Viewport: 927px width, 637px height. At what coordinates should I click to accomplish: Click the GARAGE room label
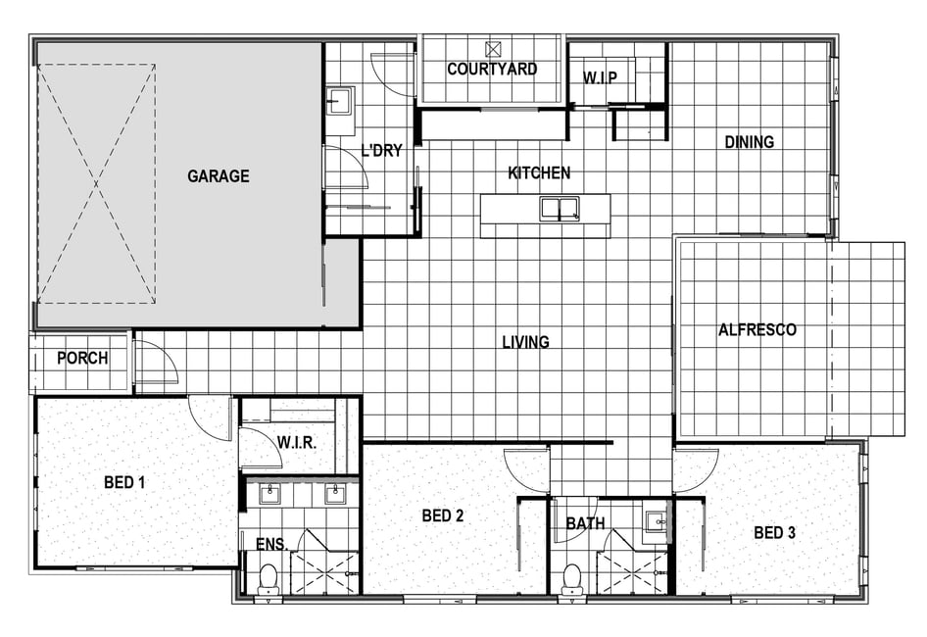pyautogui.click(x=219, y=176)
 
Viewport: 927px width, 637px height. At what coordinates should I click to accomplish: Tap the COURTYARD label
pyautogui.click(x=492, y=70)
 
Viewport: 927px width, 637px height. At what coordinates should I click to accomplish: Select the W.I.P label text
pyautogui.click(x=600, y=77)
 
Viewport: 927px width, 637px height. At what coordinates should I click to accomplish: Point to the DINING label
pyautogui.click(x=749, y=142)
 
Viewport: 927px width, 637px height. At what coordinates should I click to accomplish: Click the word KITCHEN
pyautogui.click(x=539, y=172)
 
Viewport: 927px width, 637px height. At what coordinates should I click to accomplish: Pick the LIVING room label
pyautogui.click(x=525, y=342)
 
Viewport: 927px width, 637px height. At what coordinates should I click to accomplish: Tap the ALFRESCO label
pyautogui.click(x=757, y=329)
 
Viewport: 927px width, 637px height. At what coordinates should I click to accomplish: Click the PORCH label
pyautogui.click(x=82, y=358)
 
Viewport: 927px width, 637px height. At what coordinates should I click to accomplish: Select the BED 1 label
pyautogui.click(x=124, y=482)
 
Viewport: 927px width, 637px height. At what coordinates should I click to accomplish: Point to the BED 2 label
pyautogui.click(x=443, y=515)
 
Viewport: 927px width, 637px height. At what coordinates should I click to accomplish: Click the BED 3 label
pyautogui.click(x=774, y=533)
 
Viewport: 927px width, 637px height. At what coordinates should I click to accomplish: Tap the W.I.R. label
pyautogui.click(x=297, y=442)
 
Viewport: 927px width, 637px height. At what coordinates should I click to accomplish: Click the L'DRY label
pyautogui.click(x=381, y=151)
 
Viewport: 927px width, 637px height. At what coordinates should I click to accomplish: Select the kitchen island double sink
pyautogui.click(x=560, y=209)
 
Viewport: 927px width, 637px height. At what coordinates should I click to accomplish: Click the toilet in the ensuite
pyautogui.click(x=269, y=578)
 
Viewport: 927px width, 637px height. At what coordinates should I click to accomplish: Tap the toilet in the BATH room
pyautogui.click(x=571, y=578)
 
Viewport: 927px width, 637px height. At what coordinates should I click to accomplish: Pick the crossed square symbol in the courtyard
pyautogui.click(x=493, y=48)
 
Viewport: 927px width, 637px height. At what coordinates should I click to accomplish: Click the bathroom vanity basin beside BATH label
pyautogui.click(x=655, y=521)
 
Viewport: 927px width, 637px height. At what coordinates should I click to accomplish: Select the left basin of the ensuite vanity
pyautogui.click(x=270, y=494)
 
